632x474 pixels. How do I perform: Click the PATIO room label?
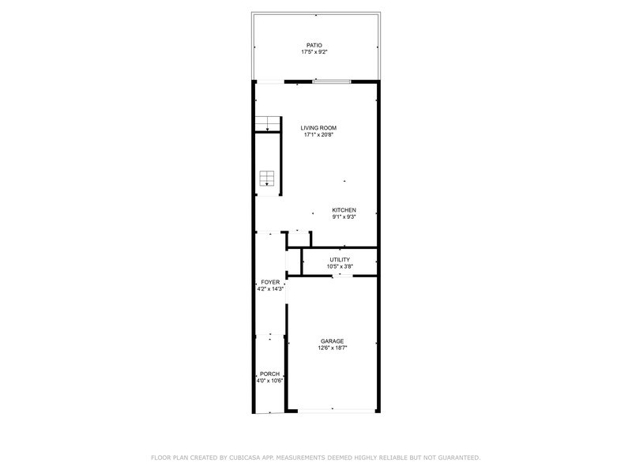[314, 46]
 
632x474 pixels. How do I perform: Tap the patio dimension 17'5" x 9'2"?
[314, 52]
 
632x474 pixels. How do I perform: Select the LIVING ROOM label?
[318, 128]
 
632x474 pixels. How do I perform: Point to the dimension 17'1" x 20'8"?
[318, 134]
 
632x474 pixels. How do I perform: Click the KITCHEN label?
[344, 210]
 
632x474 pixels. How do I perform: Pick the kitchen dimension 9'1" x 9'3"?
[344, 216]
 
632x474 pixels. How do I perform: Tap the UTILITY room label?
[340, 260]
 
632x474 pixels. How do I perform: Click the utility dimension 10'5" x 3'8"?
[340, 266]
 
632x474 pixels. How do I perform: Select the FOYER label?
[270, 282]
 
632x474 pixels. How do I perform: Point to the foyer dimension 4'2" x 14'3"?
[270, 288]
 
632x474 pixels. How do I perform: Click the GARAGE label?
[332, 341]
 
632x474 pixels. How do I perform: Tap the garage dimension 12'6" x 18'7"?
[332, 348]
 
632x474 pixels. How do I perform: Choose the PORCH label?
[269, 374]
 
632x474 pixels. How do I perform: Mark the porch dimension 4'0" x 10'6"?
[269, 381]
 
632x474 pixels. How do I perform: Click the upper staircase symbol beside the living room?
[268, 123]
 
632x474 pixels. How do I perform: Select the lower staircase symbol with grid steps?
[267, 179]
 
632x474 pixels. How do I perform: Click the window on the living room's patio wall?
[332, 82]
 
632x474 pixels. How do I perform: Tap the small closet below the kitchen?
[299, 239]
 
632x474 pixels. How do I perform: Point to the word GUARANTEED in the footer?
[459, 457]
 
